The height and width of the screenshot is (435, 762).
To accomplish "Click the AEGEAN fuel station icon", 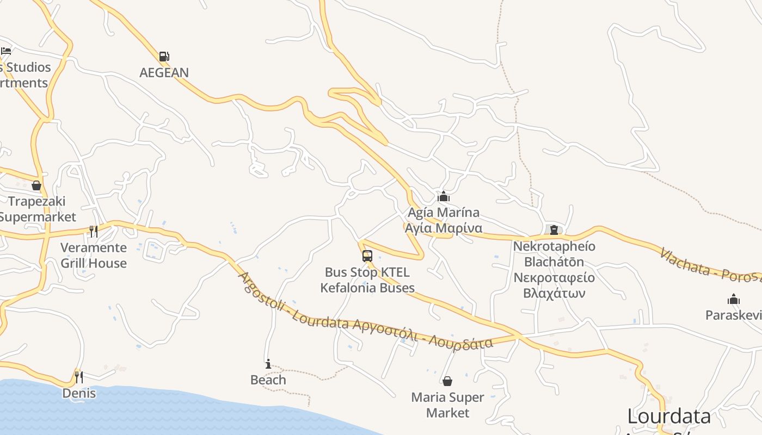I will [x=164, y=57].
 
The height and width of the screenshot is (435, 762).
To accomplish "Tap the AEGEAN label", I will [x=164, y=72].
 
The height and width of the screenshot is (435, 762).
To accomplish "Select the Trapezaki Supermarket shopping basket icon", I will [x=36, y=186].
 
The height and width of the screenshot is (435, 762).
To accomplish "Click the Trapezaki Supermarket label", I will [x=37, y=209].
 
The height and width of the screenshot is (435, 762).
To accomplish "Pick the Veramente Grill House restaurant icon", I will [x=94, y=232].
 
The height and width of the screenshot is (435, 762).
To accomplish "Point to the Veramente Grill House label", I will [x=94, y=256].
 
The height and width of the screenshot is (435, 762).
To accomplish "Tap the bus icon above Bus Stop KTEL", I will [x=367, y=256].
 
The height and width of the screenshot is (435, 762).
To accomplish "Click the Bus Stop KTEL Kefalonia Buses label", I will [x=367, y=280].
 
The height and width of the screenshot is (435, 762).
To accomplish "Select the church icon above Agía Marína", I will [x=444, y=196].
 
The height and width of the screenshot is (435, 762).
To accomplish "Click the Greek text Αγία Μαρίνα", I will [x=444, y=228].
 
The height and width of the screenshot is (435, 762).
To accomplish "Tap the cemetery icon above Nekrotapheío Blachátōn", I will [x=554, y=230].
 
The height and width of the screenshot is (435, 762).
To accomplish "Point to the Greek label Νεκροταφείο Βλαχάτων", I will [x=554, y=285].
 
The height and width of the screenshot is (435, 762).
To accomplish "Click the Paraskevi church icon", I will [x=734, y=299].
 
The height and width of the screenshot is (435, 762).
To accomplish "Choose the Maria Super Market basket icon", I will [x=447, y=381].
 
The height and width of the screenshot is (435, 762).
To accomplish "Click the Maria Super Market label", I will [x=447, y=405].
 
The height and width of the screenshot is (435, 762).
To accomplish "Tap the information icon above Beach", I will [x=268, y=364].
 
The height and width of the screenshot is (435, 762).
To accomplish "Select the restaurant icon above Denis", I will [x=79, y=377].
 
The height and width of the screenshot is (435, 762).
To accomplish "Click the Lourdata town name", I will [x=669, y=417].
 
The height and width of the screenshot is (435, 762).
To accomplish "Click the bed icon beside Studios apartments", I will [x=6, y=51].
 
